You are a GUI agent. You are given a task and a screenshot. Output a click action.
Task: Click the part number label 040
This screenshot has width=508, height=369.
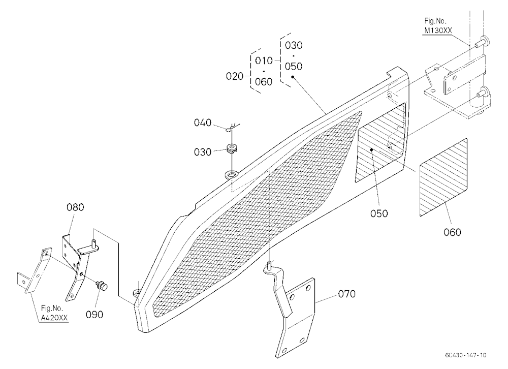tap(203, 123)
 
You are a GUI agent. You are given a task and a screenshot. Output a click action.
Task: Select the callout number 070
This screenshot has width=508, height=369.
tap(346, 294)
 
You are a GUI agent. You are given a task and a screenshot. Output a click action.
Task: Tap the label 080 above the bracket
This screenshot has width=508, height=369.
tap(75, 207)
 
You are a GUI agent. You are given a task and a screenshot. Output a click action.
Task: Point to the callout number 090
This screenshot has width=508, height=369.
tap(94, 315)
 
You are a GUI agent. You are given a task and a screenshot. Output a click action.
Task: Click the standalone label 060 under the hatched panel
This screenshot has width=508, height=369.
tap(452, 232)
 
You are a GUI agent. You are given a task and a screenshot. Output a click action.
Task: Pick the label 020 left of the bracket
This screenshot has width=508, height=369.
tap(235, 77)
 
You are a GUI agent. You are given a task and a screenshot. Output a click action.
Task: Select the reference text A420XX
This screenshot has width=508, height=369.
tap(54, 318)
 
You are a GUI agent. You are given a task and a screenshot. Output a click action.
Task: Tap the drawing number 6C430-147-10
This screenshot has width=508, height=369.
tap(465, 355)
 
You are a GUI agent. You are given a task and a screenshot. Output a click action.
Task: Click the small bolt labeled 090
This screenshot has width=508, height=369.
tap(102, 286)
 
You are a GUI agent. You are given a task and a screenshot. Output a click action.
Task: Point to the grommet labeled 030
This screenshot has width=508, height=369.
tap(233, 148)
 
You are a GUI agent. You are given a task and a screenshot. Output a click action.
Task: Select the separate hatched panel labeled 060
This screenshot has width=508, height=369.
tap(443, 177)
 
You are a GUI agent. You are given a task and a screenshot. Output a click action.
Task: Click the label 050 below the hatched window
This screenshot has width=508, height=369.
tap(379, 213)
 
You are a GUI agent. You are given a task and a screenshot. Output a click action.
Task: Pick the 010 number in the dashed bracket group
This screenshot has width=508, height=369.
tap(264, 61)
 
